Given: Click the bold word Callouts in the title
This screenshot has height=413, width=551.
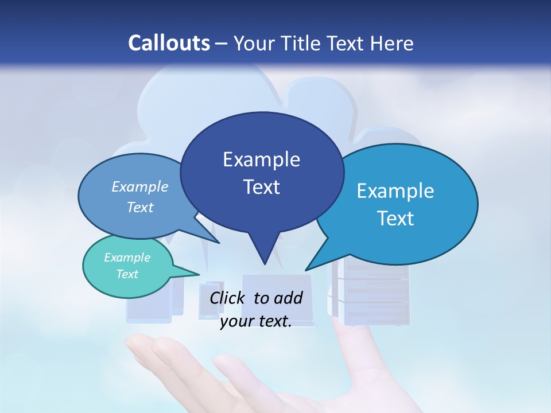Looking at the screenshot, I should click(x=169, y=43).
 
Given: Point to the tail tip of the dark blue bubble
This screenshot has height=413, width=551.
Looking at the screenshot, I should click(x=265, y=263).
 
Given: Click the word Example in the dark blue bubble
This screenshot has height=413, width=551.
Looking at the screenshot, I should click(x=261, y=159).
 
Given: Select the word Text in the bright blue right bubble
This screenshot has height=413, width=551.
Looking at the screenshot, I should click(x=396, y=219).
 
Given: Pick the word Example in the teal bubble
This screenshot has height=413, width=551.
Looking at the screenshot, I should click(x=127, y=258).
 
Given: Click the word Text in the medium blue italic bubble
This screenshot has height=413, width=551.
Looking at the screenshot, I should click(x=140, y=208).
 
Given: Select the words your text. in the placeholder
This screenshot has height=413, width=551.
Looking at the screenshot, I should click(x=255, y=321).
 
